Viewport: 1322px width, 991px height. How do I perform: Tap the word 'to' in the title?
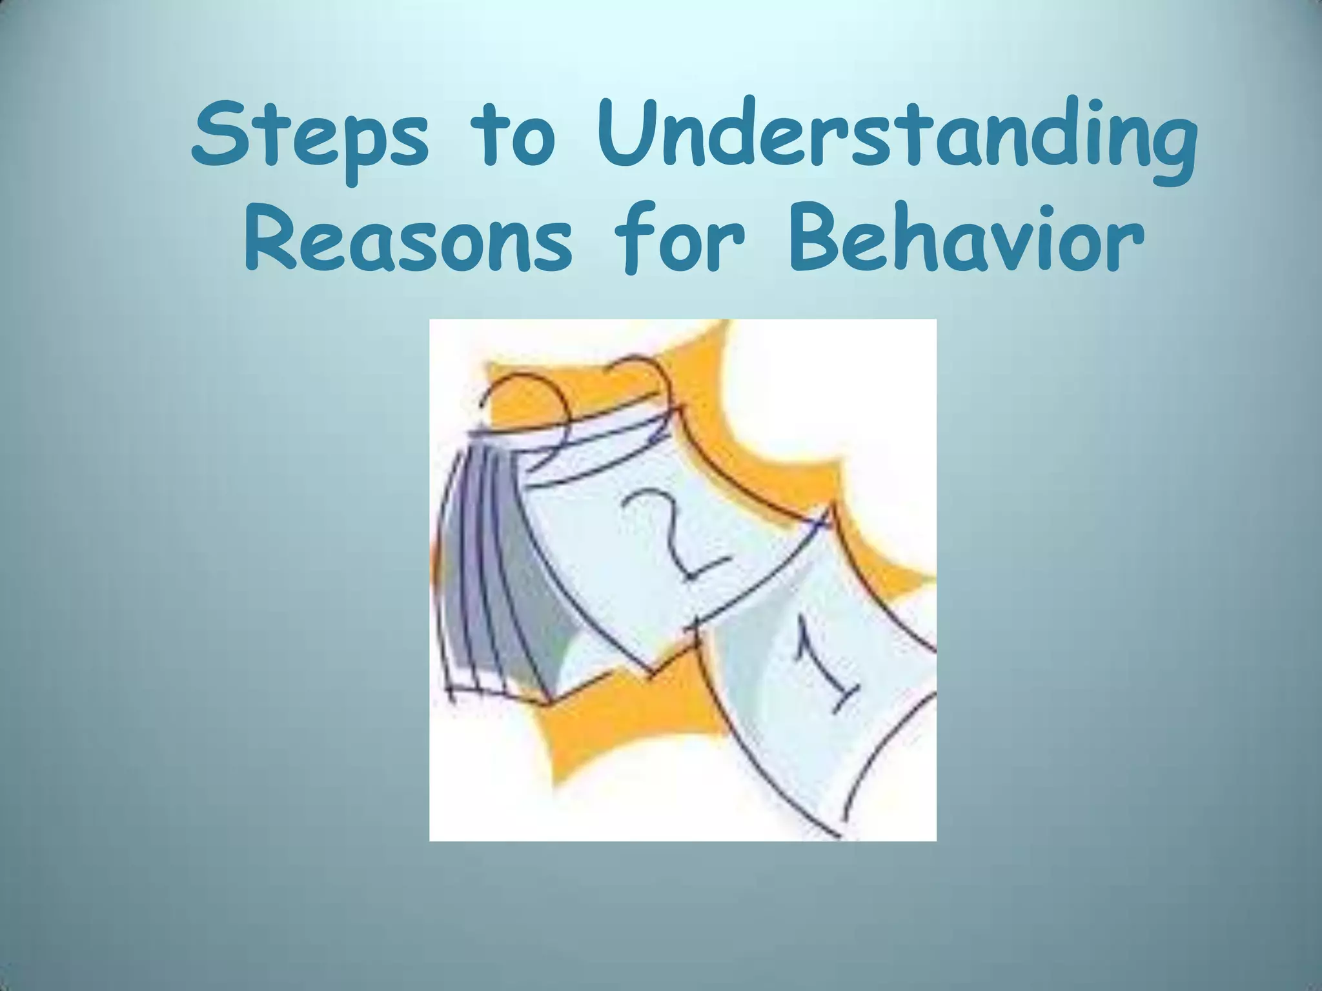pos(514,139)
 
